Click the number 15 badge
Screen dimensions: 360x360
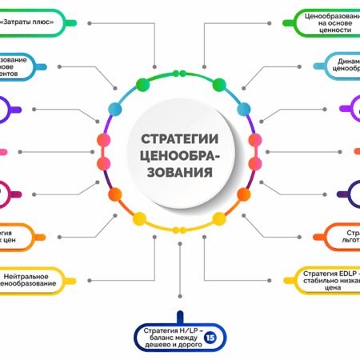tap(210, 338)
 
